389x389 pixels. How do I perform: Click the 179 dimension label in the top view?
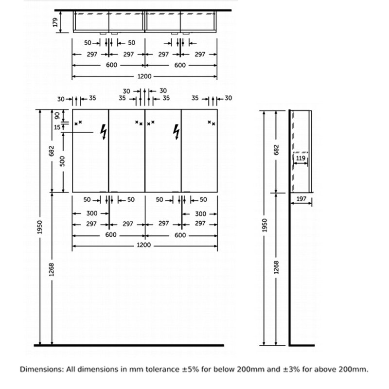coord(55,22)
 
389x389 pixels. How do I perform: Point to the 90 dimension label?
coord(57,115)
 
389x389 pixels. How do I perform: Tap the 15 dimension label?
coord(57,127)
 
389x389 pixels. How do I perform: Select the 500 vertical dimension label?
coord(62,161)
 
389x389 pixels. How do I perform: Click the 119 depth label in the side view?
coord(301,158)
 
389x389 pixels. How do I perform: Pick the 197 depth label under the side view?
coord(301,199)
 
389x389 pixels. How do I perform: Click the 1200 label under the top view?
coord(144,76)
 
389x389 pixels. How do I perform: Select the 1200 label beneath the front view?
coord(144,245)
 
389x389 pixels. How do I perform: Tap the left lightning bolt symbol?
coord(104,132)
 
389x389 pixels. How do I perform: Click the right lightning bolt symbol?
coord(177,132)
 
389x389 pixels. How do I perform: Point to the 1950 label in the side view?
coord(265,225)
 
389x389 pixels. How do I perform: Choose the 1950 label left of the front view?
coord(40,227)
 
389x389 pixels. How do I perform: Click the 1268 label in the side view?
coord(276,267)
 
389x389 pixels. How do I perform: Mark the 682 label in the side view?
coord(276,150)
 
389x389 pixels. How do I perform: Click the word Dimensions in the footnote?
coord(42,369)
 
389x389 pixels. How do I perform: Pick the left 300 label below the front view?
coord(92,213)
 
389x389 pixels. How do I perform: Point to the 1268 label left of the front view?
coord(52,270)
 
